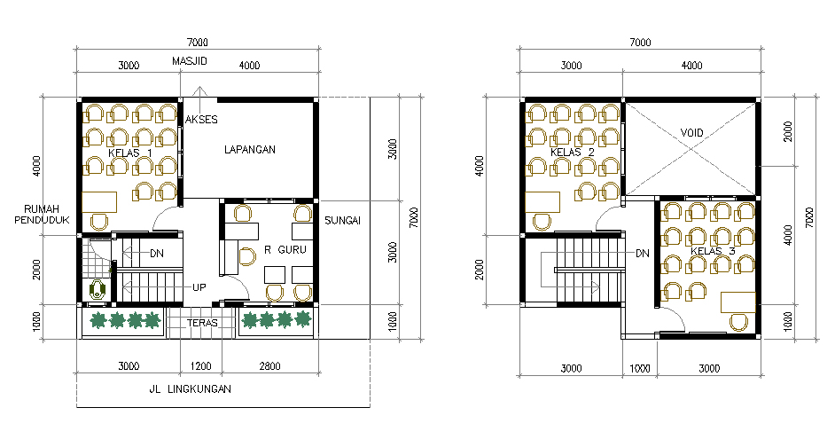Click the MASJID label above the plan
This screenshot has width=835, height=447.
[189, 61]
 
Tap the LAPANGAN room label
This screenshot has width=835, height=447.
[250, 150]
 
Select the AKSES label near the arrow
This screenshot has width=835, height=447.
[201, 120]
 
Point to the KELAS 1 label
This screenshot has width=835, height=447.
[130, 153]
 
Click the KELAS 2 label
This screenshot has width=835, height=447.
[573, 153]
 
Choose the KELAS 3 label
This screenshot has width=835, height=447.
[713, 251]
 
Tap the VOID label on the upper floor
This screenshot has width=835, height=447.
[691, 133]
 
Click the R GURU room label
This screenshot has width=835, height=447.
[285, 249]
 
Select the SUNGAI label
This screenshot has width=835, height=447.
[343, 221]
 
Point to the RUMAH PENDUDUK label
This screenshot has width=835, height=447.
[42, 214]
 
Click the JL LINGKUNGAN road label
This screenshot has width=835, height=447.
[190, 389]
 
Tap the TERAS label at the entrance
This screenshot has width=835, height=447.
[202, 323]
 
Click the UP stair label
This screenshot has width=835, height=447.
[199, 287]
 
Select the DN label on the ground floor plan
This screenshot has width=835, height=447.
[157, 254]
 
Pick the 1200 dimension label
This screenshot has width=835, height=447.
[200, 366]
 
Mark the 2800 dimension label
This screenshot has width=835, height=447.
[269, 366]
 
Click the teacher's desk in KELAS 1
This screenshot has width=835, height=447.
[99, 202]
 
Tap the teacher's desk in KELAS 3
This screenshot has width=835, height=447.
[738, 302]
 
